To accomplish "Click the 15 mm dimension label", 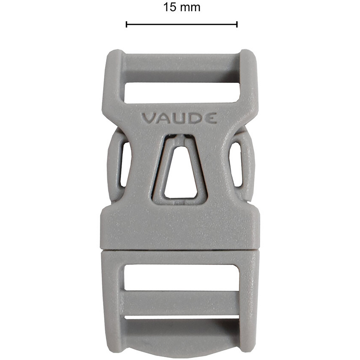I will point(181,7).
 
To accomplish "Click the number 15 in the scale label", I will point(170,7).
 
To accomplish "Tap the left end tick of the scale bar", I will point(126,24).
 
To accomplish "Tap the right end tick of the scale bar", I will point(237,24).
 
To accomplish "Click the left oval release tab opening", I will point(125,164).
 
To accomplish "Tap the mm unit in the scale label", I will point(190,7).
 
